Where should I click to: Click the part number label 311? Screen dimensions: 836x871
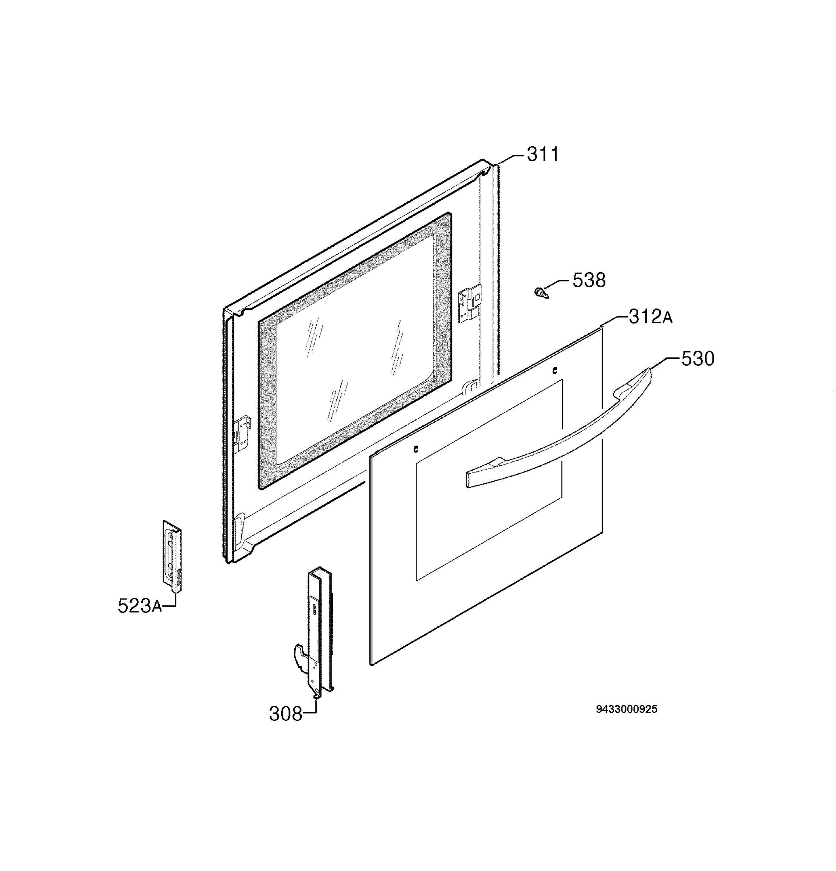tap(543, 155)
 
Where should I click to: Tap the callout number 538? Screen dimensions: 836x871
tap(589, 281)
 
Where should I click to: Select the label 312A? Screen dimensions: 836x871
tap(651, 317)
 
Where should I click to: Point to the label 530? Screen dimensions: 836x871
tap(698, 359)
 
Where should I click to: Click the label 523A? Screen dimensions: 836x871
tap(139, 606)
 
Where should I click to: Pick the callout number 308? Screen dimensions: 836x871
tap(286, 714)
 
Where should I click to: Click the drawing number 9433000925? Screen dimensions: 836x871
tap(626, 709)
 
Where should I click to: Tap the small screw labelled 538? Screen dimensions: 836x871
tap(541, 293)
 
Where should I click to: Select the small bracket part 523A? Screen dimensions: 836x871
tap(172, 556)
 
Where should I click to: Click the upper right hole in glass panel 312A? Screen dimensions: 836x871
tap(554, 370)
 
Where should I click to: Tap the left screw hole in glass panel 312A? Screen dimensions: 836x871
tap(416, 449)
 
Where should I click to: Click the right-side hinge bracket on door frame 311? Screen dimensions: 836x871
tap(469, 303)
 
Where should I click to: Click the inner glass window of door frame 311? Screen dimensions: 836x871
tap(355, 351)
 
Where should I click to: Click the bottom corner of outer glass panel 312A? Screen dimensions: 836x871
tap(371, 665)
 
